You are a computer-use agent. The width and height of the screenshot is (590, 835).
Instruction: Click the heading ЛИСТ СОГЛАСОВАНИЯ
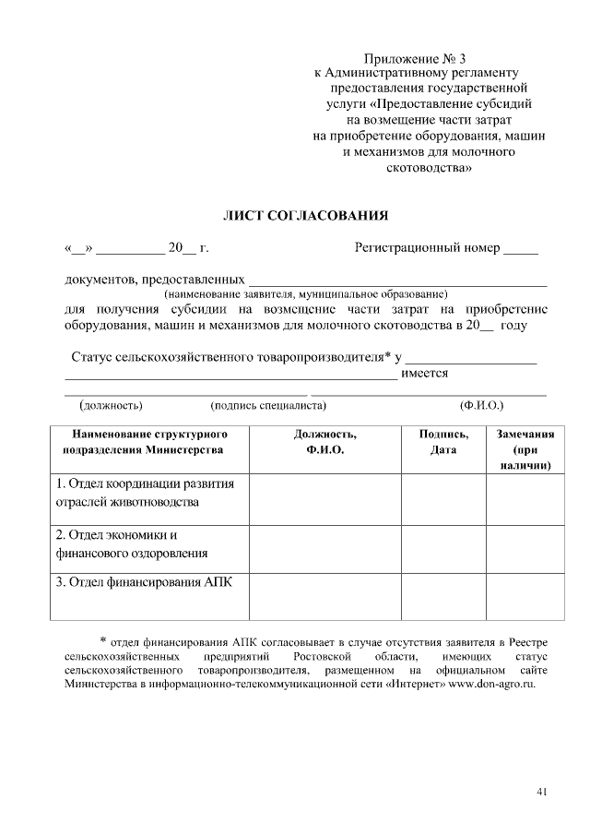click(306, 216)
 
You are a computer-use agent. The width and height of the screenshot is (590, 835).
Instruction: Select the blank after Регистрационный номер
click(521, 249)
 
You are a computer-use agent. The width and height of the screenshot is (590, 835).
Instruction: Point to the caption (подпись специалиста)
click(268, 404)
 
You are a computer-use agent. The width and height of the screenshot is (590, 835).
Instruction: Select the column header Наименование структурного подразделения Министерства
click(143, 442)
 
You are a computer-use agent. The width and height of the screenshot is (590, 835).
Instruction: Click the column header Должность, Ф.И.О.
click(324, 442)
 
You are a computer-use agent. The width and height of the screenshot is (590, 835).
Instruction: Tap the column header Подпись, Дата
click(443, 442)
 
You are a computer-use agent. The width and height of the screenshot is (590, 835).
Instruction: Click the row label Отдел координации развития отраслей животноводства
click(145, 493)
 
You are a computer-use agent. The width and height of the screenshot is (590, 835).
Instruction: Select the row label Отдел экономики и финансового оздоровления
click(130, 544)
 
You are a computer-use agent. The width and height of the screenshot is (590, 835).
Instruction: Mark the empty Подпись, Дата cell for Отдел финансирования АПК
click(443, 595)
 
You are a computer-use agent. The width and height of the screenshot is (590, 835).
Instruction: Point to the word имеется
click(425, 373)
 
